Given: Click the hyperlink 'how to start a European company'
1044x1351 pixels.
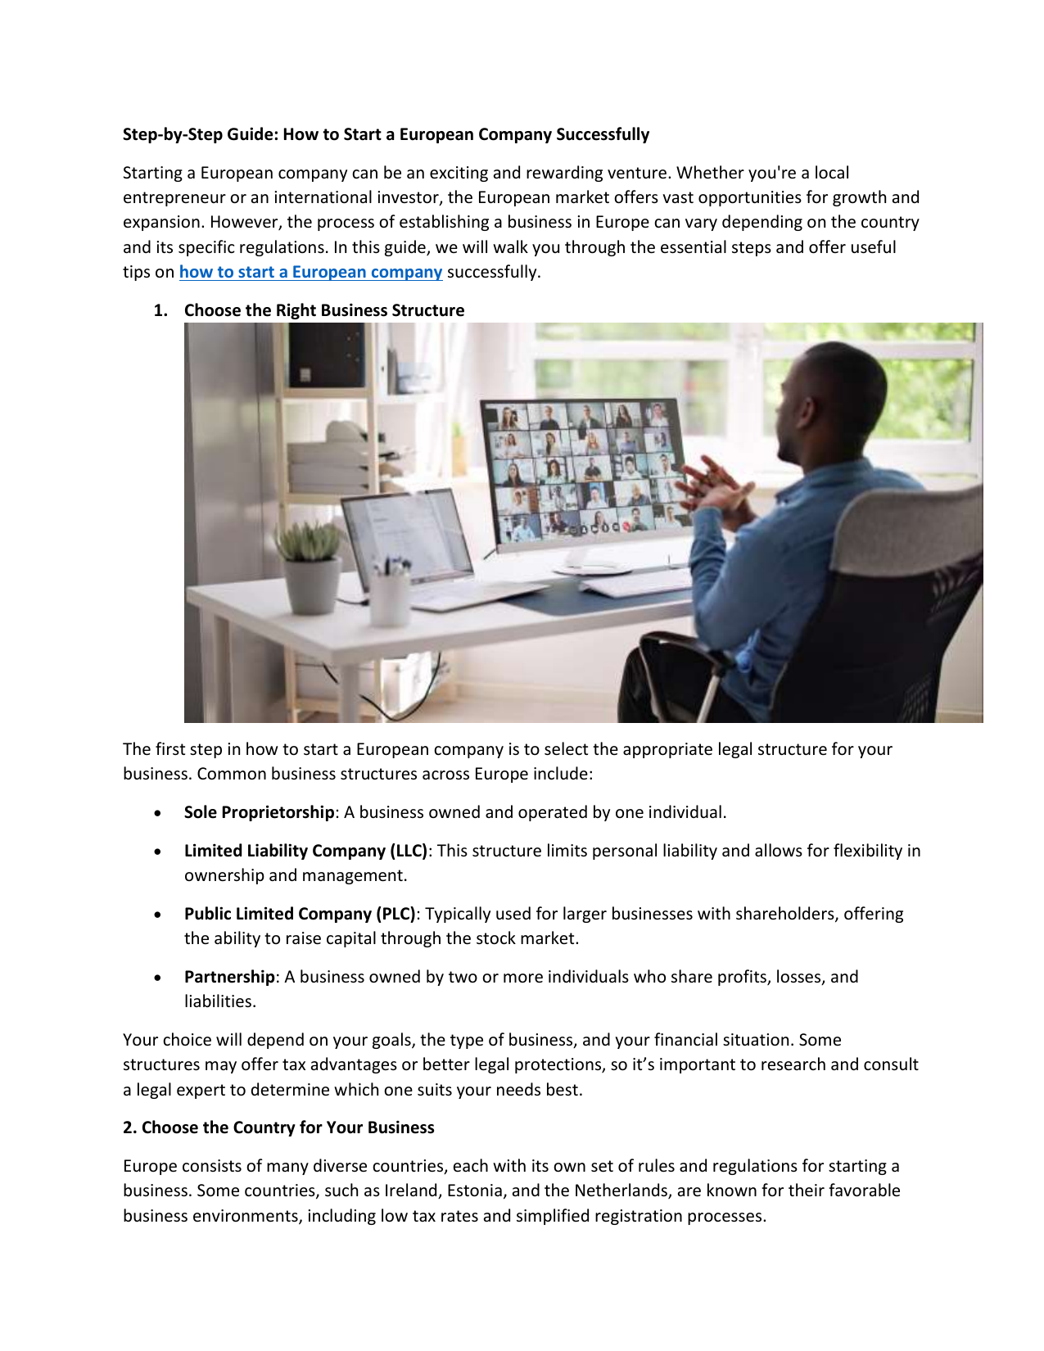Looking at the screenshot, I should tap(310, 272).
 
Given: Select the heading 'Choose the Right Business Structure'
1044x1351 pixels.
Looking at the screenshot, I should tap(323, 310).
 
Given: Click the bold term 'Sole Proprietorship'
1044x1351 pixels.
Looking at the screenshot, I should tap(259, 812).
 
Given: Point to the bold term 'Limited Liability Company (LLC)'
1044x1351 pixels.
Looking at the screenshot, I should tap(305, 851).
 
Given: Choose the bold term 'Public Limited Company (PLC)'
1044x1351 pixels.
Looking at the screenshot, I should tap(300, 914).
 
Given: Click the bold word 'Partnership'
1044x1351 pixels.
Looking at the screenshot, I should tap(229, 977).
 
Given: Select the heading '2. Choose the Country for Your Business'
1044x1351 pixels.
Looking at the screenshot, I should tap(278, 1127).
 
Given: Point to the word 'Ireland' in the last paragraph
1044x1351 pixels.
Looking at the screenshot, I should tap(411, 1191).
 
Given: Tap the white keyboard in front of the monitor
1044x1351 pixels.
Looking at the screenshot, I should tap(635, 583).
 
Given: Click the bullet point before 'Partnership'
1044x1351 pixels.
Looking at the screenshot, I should tap(157, 978).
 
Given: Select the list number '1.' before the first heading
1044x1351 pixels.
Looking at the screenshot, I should tap(160, 310).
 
